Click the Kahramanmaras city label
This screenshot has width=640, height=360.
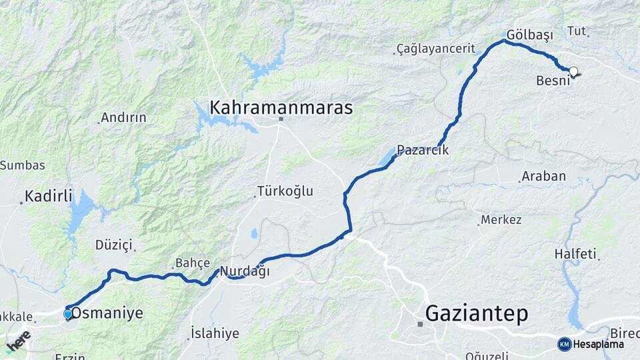click(x=281, y=107)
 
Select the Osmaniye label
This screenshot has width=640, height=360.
click(x=107, y=313)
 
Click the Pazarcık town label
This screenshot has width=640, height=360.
click(x=423, y=151)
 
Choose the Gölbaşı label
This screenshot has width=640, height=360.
click(x=531, y=34)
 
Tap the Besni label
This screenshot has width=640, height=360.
click(x=553, y=81)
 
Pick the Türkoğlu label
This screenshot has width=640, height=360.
click(x=286, y=191)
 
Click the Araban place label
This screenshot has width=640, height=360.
click(x=543, y=177)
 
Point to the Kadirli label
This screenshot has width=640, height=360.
click(x=48, y=196)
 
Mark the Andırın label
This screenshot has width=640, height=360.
click(x=123, y=118)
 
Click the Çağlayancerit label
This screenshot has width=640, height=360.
click(x=435, y=49)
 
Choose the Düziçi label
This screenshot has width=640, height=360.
click(x=114, y=245)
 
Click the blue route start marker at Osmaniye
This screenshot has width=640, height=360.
click(x=68, y=314)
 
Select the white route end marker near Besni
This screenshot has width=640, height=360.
click(x=573, y=71)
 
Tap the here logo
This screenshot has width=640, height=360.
click(x=18, y=341)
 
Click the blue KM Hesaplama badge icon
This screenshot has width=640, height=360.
click(x=565, y=344)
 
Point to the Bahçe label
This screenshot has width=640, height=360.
click(x=193, y=263)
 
